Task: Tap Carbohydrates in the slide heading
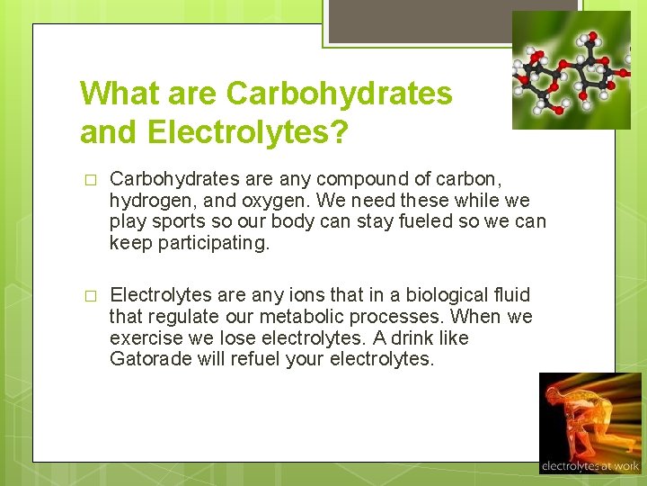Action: coord(340,93)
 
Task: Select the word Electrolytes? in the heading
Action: coord(247,131)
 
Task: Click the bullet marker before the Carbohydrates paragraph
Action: coord(88,180)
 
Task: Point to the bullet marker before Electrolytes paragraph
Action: coord(88,296)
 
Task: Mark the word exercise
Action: coord(145,337)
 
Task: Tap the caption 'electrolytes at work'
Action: coord(589,466)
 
